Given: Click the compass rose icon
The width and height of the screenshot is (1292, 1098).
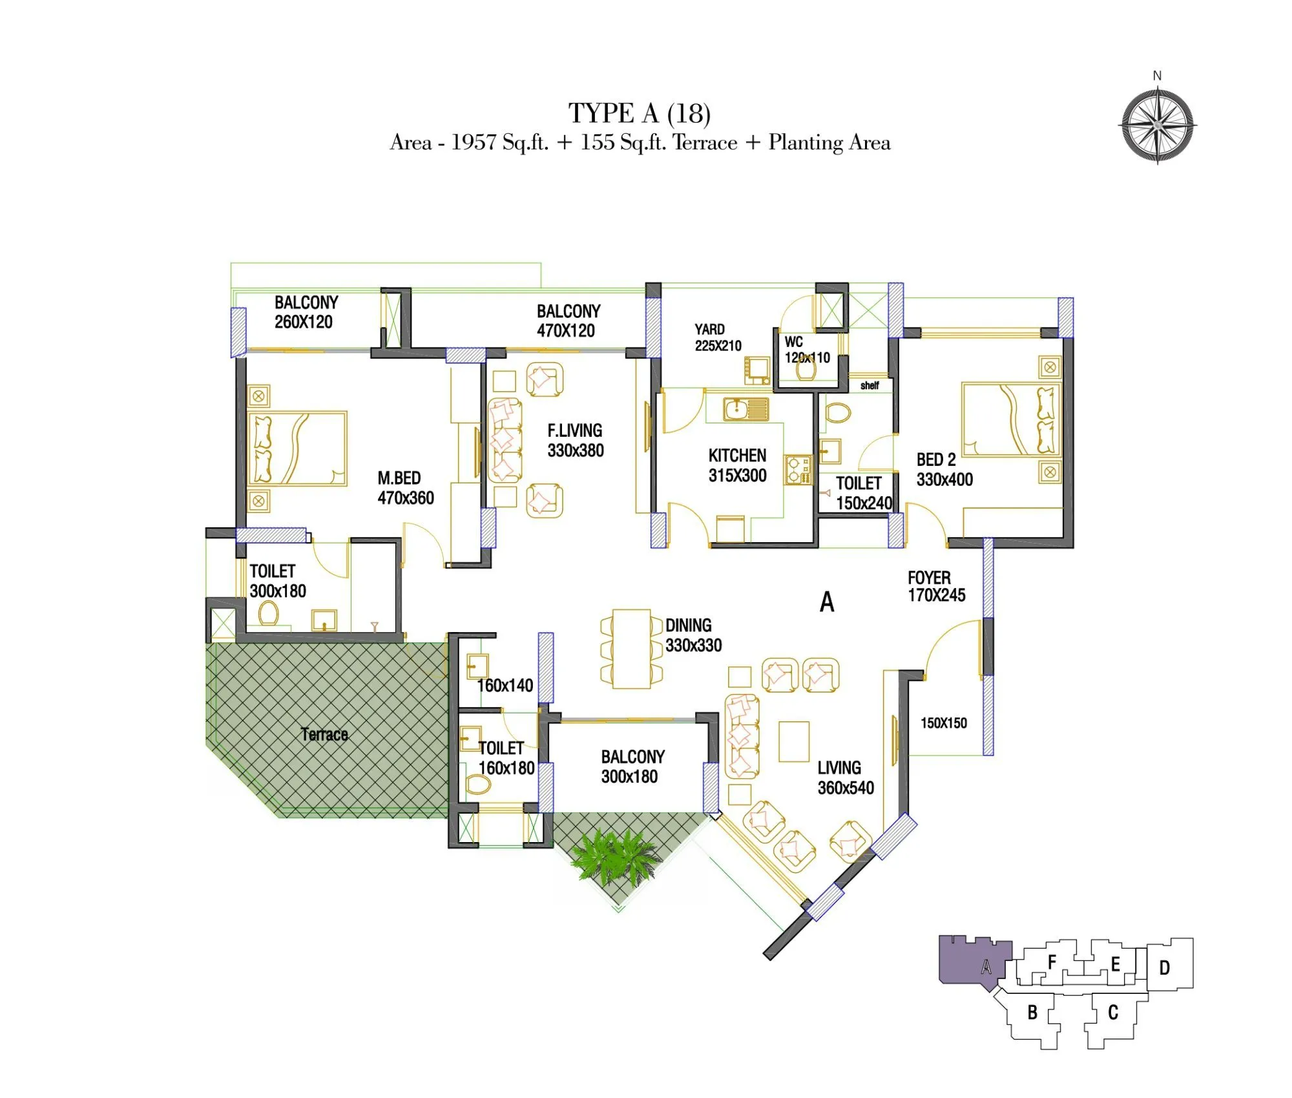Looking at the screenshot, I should [x=1157, y=125].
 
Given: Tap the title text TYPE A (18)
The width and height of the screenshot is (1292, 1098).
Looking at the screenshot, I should [x=639, y=113].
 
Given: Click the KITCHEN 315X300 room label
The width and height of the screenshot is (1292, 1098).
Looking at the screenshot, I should [x=737, y=465].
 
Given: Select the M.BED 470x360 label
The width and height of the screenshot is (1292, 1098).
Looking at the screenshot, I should [x=405, y=488].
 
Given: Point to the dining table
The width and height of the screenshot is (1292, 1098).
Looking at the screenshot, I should [x=631, y=649].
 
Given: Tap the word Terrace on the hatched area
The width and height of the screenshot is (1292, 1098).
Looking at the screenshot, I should [x=324, y=734].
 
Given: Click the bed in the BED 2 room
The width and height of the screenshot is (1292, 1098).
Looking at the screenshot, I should [x=1011, y=419].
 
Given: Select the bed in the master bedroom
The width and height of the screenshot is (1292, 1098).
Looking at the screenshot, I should [x=297, y=449].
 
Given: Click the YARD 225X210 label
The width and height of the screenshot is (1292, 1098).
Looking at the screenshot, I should [x=717, y=337].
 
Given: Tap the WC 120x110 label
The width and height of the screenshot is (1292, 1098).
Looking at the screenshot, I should [x=806, y=350].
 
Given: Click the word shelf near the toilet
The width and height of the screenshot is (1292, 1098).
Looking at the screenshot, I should [x=870, y=386].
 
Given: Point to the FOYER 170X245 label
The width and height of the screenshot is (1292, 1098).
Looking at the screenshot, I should [x=936, y=586].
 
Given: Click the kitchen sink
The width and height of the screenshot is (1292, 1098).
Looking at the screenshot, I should [x=745, y=409].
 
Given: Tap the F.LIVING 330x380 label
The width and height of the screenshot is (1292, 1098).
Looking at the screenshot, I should [x=575, y=440].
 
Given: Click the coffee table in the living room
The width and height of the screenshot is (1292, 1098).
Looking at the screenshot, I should [x=793, y=741].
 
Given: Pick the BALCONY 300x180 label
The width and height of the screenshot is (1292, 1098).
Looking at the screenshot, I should [x=632, y=766].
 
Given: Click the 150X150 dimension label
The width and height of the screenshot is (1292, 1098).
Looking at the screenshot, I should [x=943, y=723].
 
